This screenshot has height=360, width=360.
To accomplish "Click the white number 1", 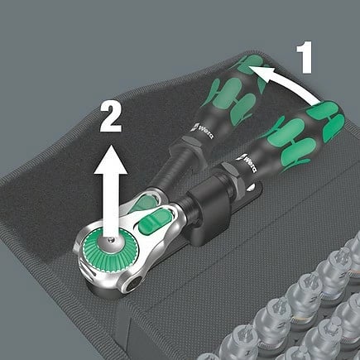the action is (305, 57).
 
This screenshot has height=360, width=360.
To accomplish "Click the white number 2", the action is (111, 117).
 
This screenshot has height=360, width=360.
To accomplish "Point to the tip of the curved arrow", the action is (248, 67).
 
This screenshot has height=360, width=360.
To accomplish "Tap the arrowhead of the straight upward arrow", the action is (111, 160).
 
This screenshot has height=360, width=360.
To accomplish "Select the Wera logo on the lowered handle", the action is (247, 162).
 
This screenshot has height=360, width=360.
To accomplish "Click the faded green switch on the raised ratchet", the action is (146, 203).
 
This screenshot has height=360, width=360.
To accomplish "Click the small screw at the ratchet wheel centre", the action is (111, 240).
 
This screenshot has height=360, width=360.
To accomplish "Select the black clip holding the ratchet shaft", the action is (210, 209).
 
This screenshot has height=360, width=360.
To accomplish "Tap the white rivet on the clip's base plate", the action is (252, 188).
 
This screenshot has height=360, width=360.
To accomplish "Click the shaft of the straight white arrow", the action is (111, 206).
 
